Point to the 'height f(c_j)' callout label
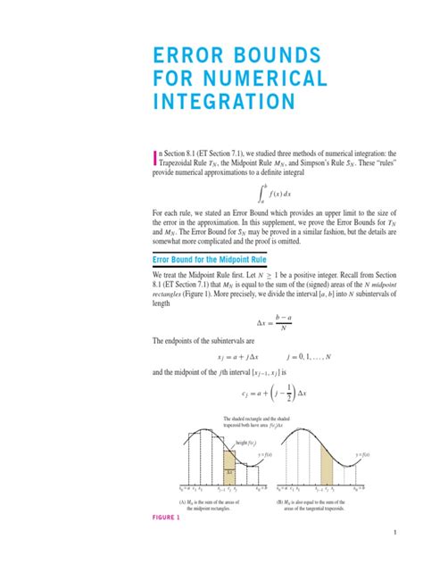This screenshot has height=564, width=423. [247, 444]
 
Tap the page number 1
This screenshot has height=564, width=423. [394, 534]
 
